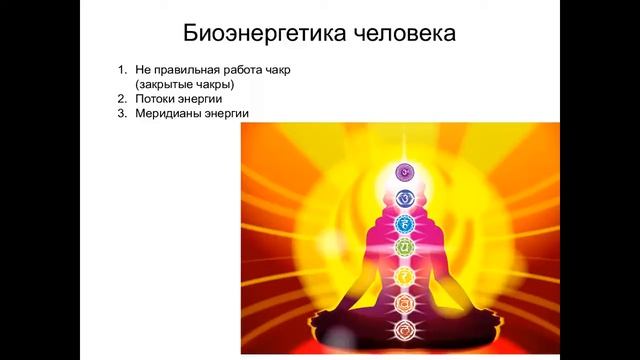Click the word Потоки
click(x=155, y=100)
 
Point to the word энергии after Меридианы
click(x=229, y=115)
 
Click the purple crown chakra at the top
click(x=405, y=171)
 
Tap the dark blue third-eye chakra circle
click(x=405, y=197)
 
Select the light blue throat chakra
click(x=405, y=223)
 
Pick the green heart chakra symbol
click(x=405, y=247)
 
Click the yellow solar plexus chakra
click(x=405, y=274)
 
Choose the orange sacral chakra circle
click(x=405, y=300)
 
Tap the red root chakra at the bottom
click(x=405, y=326)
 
